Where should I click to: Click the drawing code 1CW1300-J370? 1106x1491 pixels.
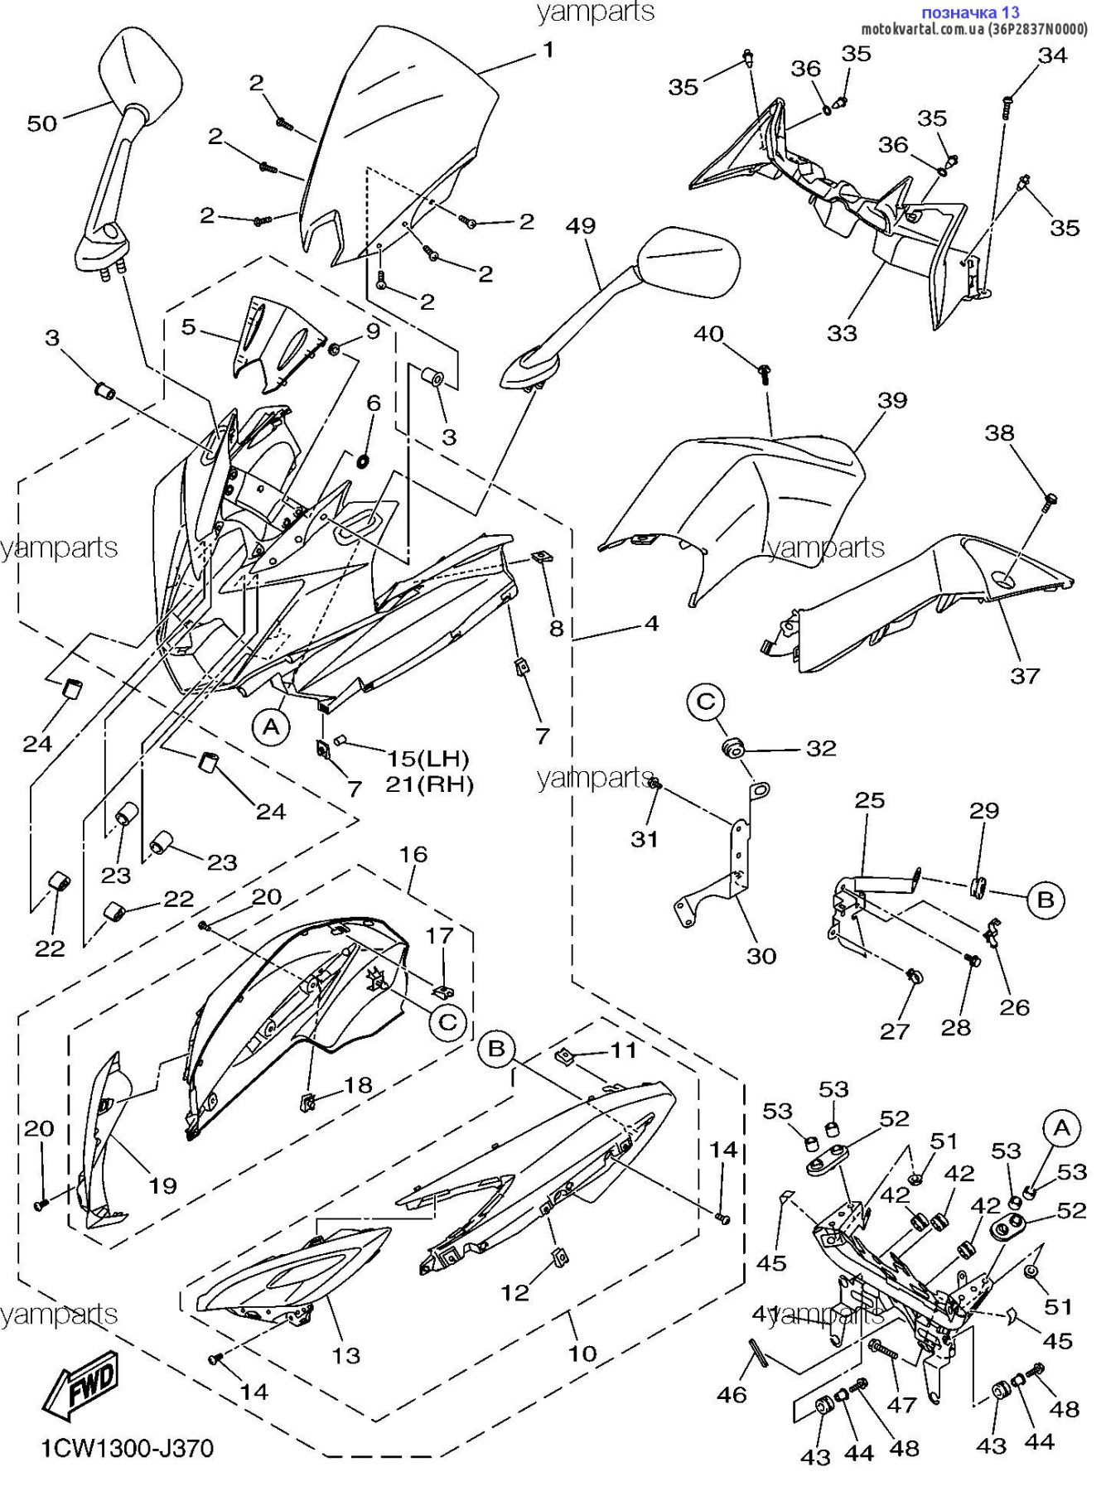[128, 1448]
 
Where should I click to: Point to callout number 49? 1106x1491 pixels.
[582, 225]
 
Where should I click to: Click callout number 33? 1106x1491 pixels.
[842, 333]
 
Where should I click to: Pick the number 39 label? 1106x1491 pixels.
[892, 400]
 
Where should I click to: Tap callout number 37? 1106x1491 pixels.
[1024, 675]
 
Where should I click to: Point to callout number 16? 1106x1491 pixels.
[413, 854]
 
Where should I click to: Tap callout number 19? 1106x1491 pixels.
[162, 1185]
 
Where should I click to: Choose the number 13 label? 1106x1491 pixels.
[346, 1355]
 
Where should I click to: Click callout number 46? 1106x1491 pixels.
[732, 1395]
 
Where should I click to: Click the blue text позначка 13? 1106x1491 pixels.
[970, 12]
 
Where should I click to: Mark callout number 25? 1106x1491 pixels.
[870, 800]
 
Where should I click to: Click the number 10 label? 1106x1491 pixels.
[582, 1353]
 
